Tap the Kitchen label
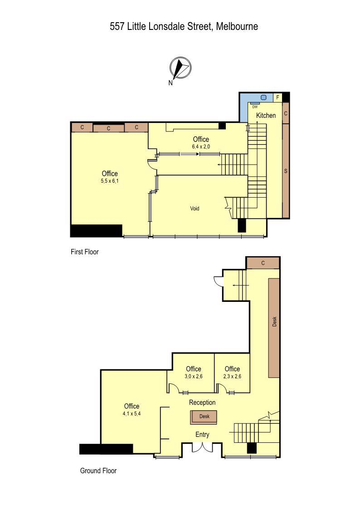(266, 115)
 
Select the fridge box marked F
(277, 97)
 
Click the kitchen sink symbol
(263, 97)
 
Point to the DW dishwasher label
(255, 107)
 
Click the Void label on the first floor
(195, 208)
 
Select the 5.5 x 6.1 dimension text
(110, 181)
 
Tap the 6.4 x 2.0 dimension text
(201, 147)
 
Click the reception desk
(204, 417)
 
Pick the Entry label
(202, 434)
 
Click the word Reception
(202, 402)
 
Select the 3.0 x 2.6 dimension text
(194, 377)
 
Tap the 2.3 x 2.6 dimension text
(232, 377)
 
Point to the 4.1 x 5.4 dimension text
(131, 414)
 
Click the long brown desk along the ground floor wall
(274, 328)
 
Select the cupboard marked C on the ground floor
(263, 263)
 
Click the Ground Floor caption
(98, 470)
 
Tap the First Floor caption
(85, 252)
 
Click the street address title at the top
(184, 26)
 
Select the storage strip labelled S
(286, 171)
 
